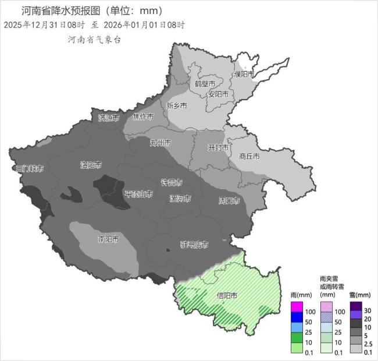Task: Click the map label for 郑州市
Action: [x=161, y=143]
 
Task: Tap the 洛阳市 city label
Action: [x=91, y=165]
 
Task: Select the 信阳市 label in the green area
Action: [x=227, y=296]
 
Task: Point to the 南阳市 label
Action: [x=108, y=239]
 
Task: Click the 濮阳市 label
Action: [x=244, y=74]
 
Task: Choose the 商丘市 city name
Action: [x=249, y=157]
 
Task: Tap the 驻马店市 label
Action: [x=194, y=245]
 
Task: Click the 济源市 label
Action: [x=108, y=118]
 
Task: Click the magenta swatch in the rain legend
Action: [x=297, y=306]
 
